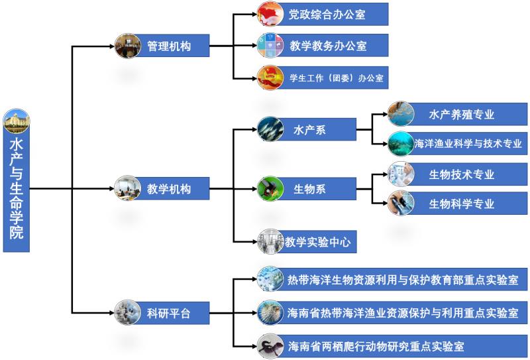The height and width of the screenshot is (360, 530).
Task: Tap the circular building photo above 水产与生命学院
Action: coord(17,121)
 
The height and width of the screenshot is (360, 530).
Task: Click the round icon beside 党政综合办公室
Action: coord(270,14)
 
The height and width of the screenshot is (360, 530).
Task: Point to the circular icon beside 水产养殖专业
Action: coord(400,113)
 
